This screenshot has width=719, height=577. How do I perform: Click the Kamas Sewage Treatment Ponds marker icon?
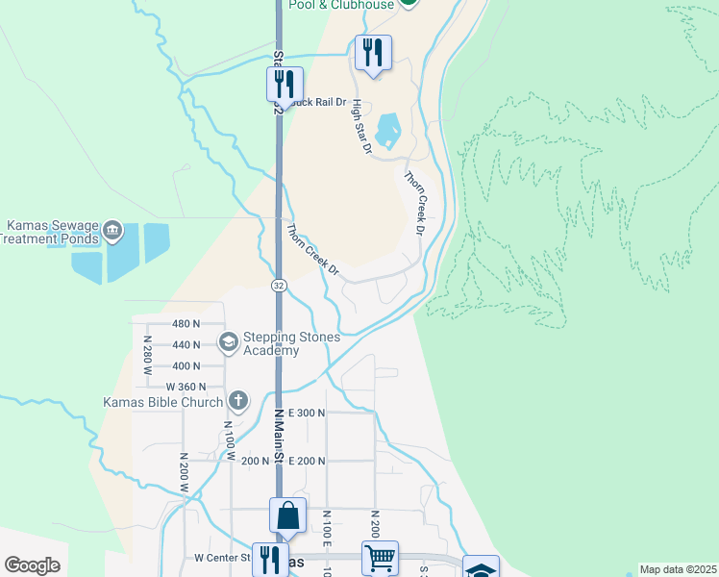click(x=112, y=229)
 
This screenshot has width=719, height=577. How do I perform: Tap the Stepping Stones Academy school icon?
click(x=229, y=340)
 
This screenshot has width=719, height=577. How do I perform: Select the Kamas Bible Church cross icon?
click(x=238, y=401)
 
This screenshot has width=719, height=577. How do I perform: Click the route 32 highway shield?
click(x=279, y=286)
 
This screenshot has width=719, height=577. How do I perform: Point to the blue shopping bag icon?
click(x=287, y=515)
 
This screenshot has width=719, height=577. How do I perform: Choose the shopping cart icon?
click(x=380, y=557)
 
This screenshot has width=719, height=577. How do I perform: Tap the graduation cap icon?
click(x=481, y=569)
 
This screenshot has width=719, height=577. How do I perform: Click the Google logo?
click(x=32, y=565)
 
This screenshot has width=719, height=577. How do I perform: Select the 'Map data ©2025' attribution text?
click(x=679, y=569)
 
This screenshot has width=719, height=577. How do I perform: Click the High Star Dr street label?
click(x=360, y=128)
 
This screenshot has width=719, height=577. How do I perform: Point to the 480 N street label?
click(x=186, y=324)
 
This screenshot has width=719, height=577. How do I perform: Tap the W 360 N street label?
click(x=186, y=387)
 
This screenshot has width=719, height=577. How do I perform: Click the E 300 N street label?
click(x=307, y=413)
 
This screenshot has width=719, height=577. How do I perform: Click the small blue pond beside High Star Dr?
click(x=388, y=131)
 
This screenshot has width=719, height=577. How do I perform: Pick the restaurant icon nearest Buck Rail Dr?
click(x=285, y=84)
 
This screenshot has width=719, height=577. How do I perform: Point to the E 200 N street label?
click(x=307, y=462)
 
